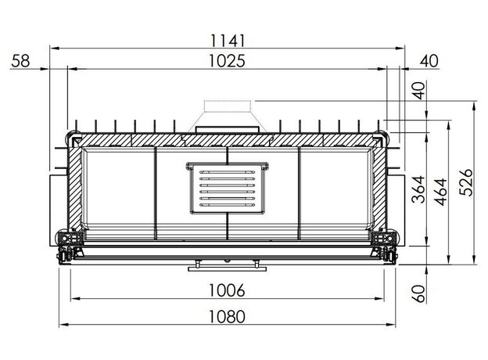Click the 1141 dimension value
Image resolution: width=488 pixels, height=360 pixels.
point(228,41)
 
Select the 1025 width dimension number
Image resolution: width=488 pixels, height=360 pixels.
point(227,61)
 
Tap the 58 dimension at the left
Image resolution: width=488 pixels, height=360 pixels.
point(20,61)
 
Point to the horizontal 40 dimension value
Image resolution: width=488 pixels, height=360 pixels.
point(429,61)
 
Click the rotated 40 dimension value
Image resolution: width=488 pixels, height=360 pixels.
point(419,91)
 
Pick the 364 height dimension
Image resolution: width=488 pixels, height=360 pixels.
point(418,189)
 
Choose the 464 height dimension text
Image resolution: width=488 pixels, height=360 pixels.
point(441,193)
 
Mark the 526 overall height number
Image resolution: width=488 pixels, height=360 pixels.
point(466,182)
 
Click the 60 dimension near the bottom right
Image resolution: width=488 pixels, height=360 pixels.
point(419,293)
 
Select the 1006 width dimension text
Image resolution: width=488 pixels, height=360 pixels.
point(227,290)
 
